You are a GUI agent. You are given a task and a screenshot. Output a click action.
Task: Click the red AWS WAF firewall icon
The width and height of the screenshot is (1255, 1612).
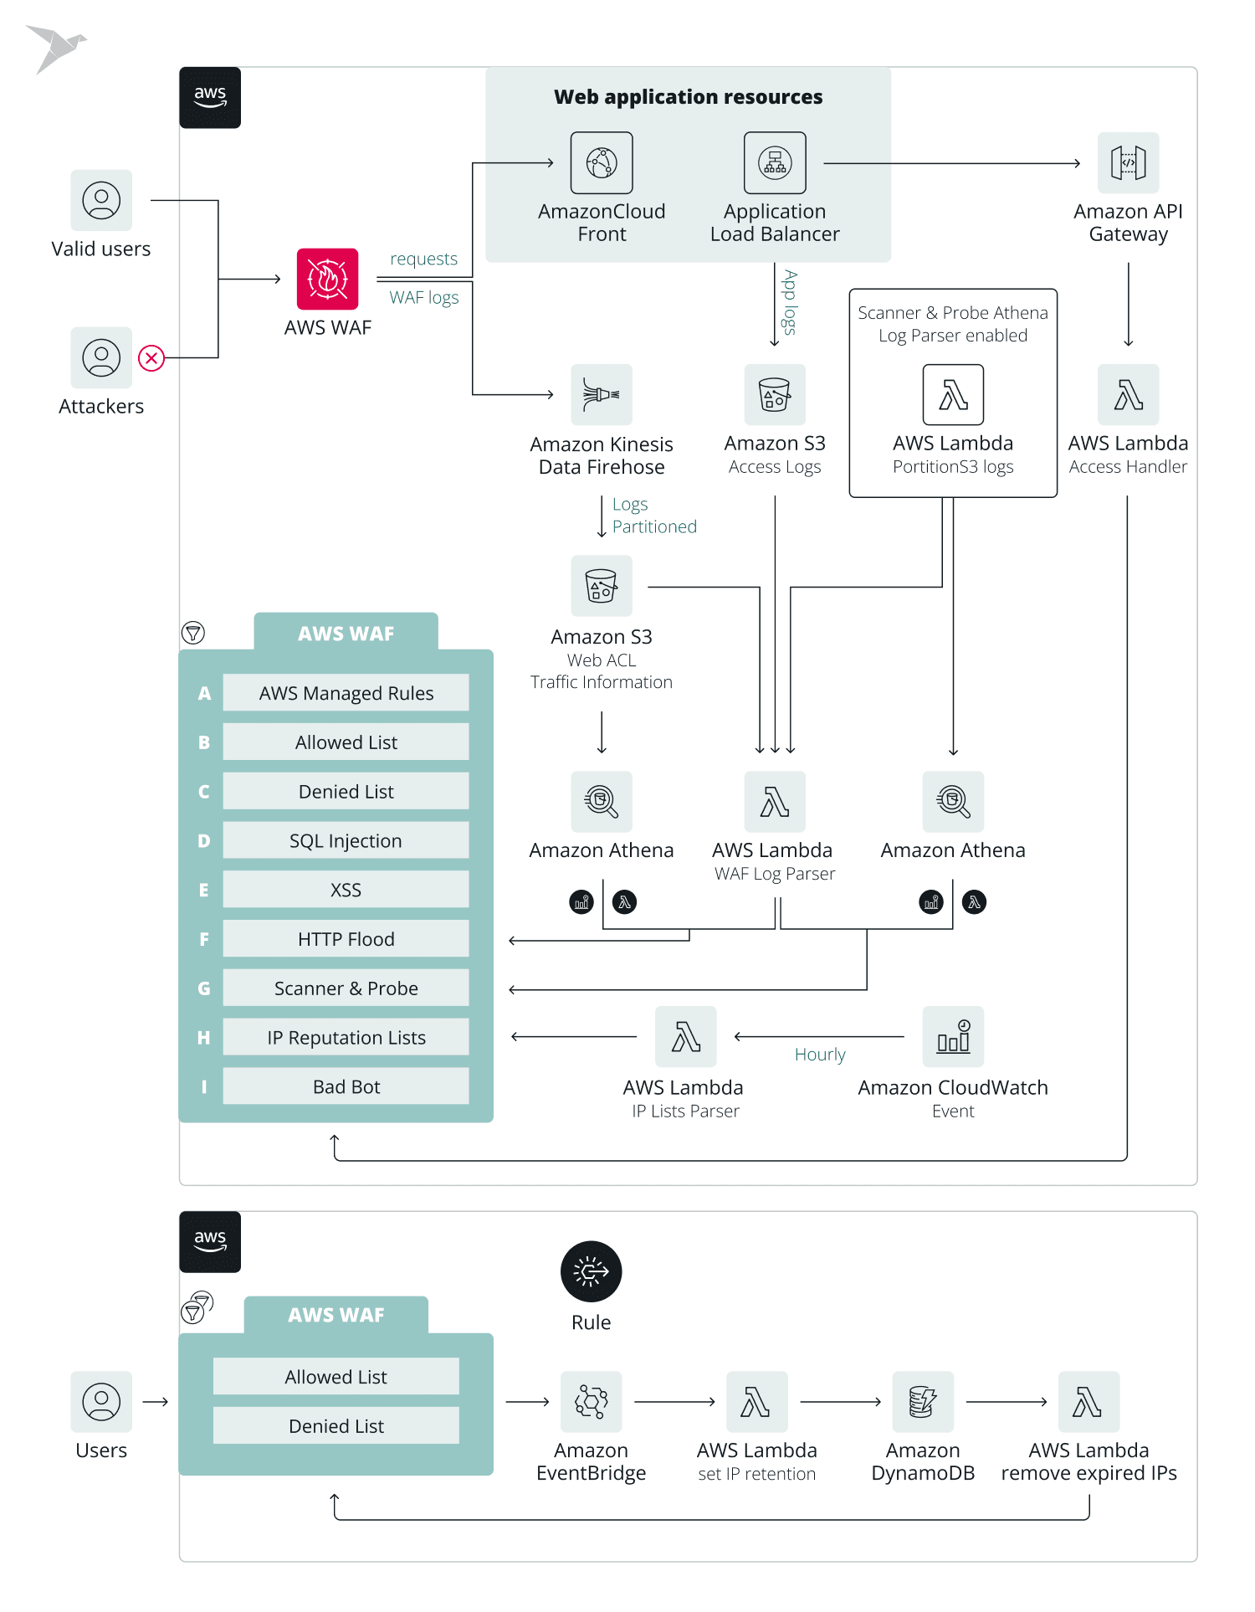tap(327, 279)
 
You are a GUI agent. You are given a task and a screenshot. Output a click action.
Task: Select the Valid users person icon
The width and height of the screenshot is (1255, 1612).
tap(101, 201)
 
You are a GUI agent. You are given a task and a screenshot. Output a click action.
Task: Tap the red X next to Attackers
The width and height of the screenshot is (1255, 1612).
tap(151, 358)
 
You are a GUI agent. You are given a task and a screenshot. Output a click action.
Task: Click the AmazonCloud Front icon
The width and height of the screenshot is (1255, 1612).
tap(602, 162)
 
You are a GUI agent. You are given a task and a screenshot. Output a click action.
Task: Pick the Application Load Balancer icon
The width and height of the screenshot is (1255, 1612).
tap(775, 162)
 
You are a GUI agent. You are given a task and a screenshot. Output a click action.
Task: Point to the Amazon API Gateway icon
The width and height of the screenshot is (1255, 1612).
tap(1128, 162)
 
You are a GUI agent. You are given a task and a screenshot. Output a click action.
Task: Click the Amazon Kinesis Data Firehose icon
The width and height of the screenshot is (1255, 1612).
tap(602, 394)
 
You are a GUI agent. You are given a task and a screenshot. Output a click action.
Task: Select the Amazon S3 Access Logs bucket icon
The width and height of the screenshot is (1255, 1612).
tap(775, 394)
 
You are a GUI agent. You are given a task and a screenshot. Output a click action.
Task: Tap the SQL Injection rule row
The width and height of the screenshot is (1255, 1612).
tap(346, 840)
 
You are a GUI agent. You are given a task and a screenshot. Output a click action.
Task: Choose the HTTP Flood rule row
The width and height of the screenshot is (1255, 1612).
tap(346, 939)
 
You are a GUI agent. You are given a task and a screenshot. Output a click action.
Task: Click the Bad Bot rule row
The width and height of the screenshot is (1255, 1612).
tap(346, 1086)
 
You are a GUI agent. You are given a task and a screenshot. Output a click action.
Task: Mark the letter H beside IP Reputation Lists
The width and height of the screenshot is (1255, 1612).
tap(203, 1038)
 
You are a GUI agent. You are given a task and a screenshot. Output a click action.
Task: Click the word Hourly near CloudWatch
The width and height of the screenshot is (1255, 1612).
tap(820, 1055)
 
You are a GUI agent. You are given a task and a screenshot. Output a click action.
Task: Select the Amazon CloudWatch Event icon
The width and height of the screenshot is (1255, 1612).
tap(953, 1037)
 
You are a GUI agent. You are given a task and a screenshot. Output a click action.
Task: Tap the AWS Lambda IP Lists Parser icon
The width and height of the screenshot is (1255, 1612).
tap(685, 1037)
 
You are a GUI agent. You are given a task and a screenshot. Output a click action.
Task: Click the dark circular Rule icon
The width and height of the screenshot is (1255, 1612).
tap(591, 1271)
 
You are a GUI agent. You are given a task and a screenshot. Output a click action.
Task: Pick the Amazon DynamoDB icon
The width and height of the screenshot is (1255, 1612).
tap(922, 1402)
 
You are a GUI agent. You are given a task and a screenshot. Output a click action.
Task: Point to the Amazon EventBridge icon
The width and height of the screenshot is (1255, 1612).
tap(591, 1402)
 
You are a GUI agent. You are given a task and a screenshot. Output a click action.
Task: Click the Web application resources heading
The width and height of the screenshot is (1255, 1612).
tap(688, 97)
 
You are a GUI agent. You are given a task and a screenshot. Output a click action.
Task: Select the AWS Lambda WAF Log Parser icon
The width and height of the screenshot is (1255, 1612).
tap(775, 802)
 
